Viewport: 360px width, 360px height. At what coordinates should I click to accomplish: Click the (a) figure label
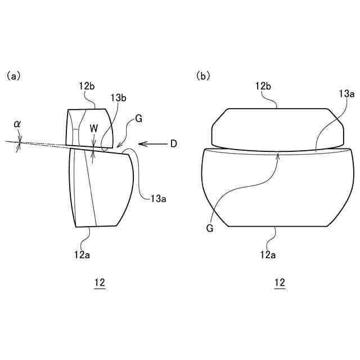(x=13, y=75)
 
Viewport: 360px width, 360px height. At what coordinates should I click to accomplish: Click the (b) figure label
(x=203, y=75)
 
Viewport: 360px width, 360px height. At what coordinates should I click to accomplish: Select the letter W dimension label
(x=94, y=128)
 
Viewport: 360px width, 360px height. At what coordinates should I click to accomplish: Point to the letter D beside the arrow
(x=173, y=144)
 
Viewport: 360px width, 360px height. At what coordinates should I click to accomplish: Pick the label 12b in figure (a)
(x=87, y=86)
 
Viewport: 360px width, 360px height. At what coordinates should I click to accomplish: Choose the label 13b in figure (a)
(x=119, y=98)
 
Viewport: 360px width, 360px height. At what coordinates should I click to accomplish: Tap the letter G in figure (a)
(x=138, y=119)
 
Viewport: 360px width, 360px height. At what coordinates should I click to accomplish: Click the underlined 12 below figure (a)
(x=100, y=283)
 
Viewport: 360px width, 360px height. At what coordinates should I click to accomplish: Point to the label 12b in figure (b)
(x=264, y=86)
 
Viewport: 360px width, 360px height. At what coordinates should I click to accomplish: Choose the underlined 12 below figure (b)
(x=280, y=283)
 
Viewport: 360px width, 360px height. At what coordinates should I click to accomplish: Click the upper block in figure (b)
(x=277, y=128)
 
